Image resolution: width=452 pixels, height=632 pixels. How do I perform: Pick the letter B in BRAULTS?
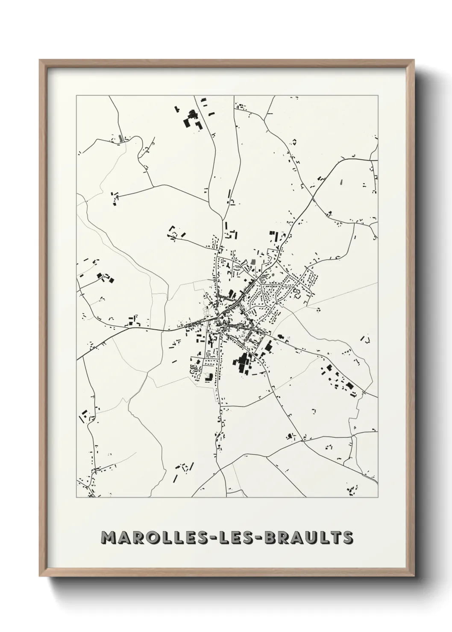coord(272,538)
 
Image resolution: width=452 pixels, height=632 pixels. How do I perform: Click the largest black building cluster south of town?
coord(242,363)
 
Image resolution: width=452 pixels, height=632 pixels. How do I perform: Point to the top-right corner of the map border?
coord(378,96)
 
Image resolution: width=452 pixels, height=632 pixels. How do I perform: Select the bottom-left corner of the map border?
coord(76,497)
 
